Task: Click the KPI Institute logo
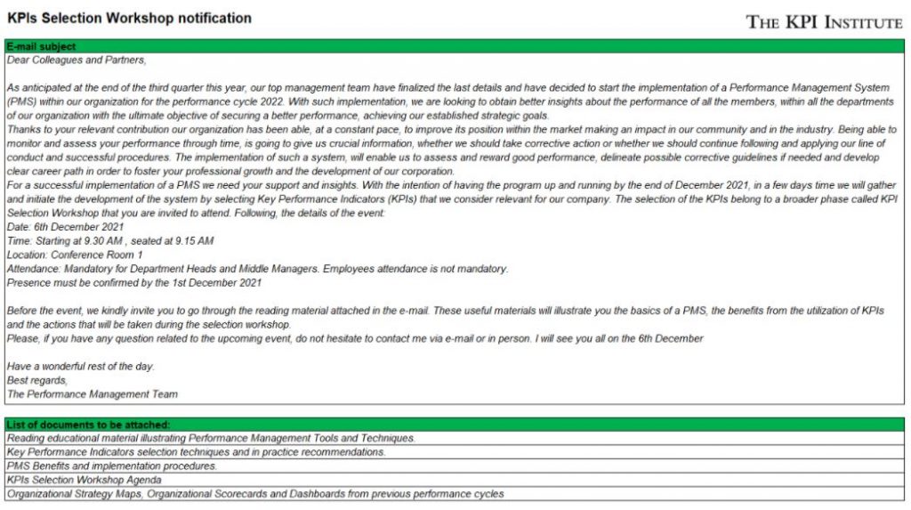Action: pyautogui.click(x=824, y=21)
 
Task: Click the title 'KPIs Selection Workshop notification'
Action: pyautogui.click(x=129, y=18)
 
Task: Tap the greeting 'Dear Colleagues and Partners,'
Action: pyautogui.click(x=76, y=61)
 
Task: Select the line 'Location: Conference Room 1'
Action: pyautogui.click(x=74, y=255)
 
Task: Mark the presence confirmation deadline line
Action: pyautogui.click(x=133, y=283)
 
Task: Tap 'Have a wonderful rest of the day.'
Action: pyautogui.click(x=80, y=366)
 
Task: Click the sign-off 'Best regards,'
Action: pyautogui.click(x=36, y=380)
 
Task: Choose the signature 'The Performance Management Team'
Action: pyautogui.click(x=92, y=394)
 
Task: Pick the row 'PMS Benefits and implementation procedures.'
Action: pyautogui.click(x=111, y=465)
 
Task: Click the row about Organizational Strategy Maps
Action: pyautogui.click(x=254, y=494)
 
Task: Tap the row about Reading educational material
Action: pyautogui.click(x=211, y=438)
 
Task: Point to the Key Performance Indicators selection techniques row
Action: pyautogui.click(x=196, y=452)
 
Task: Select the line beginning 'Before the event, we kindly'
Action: pyautogui.click(x=445, y=310)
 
